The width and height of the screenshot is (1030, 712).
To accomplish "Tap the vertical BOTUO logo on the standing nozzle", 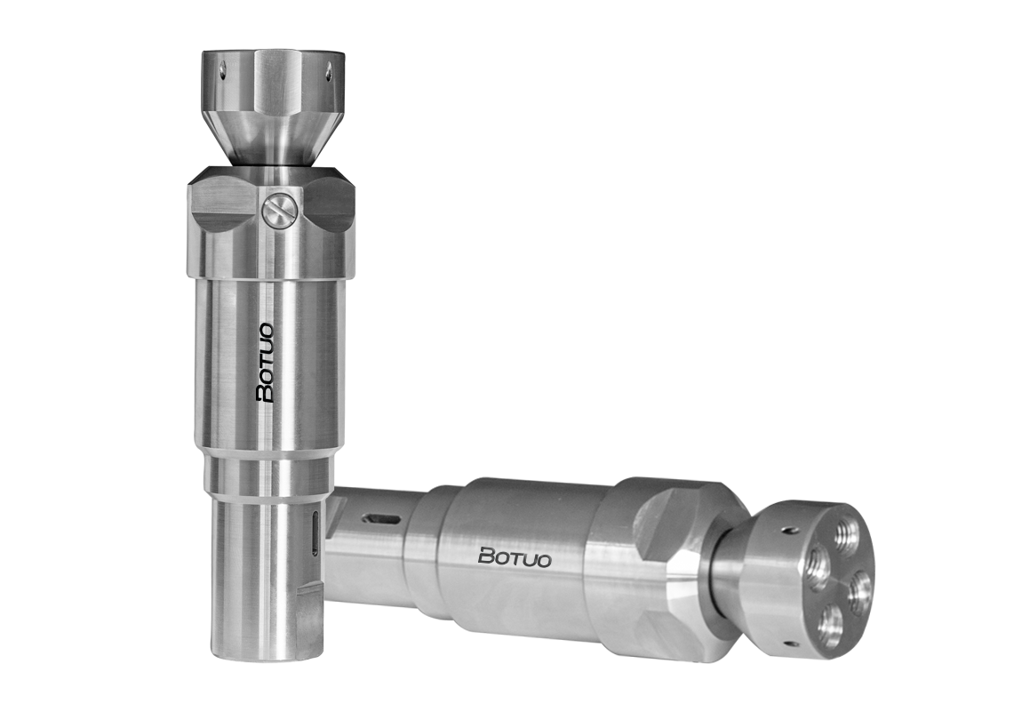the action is pyautogui.click(x=268, y=363).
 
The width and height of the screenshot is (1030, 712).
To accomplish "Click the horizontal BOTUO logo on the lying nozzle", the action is pyautogui.click(x=515, y=556).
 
